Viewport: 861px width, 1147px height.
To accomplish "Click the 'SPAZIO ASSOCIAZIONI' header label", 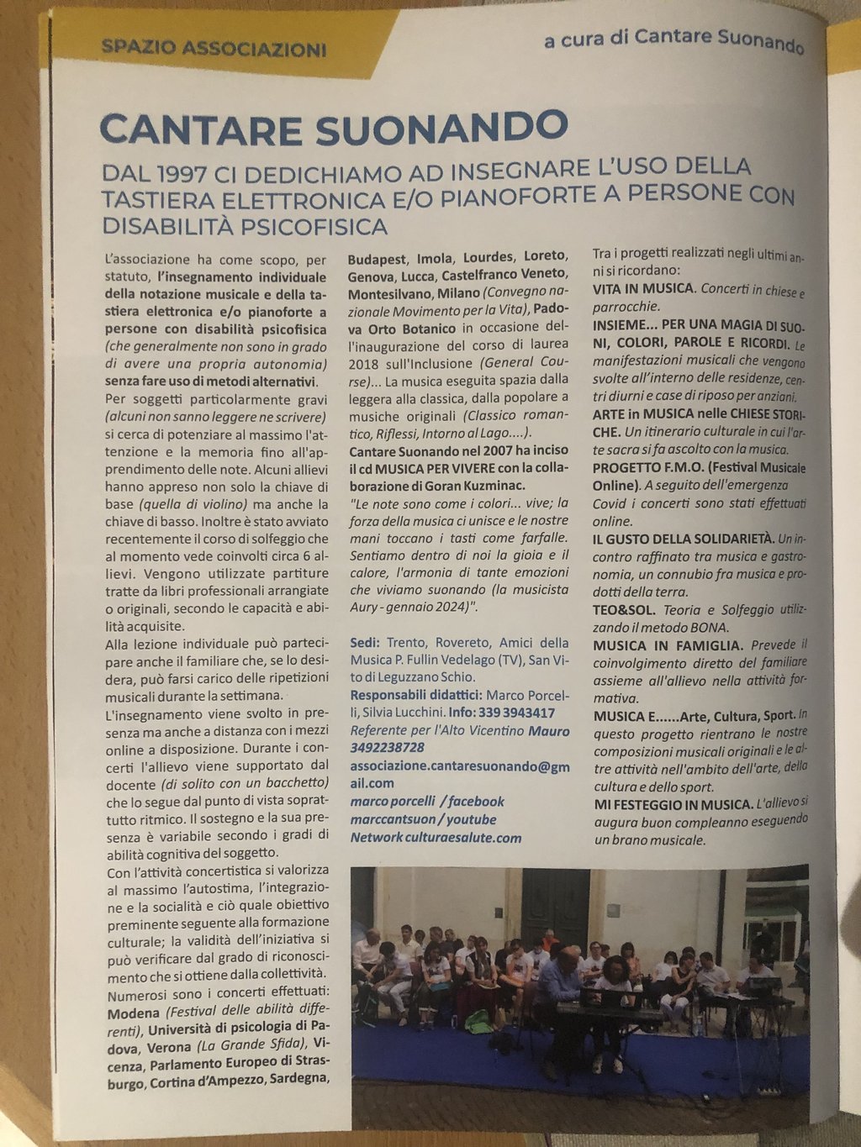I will (214, 49).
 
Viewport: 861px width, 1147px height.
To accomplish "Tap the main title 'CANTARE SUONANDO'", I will (334, 128).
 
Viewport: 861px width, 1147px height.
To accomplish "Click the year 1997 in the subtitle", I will (182, 172).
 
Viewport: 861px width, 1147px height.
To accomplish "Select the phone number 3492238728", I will (388, 748).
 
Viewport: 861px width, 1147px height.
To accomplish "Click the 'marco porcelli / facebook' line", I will (427, 802).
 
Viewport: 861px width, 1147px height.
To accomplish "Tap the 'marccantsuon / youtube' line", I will (423, 819).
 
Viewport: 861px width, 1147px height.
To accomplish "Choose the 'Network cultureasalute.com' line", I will (436, 838).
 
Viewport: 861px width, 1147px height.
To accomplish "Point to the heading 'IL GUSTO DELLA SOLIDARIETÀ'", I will (683, 538).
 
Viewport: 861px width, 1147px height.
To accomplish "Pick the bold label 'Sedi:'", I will (366, 643).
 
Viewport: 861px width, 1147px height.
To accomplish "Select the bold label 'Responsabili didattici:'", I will (416, 696).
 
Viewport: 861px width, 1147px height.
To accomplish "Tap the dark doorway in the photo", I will (555, 903).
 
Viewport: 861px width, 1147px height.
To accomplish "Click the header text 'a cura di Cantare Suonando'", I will (673, 39).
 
